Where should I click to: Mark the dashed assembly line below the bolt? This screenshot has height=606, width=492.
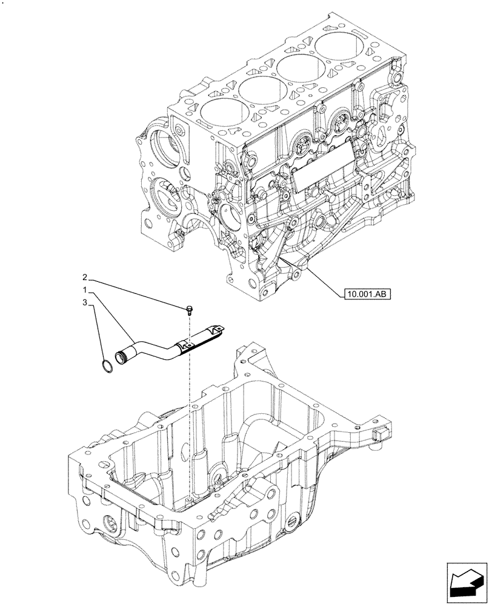[190, 412]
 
